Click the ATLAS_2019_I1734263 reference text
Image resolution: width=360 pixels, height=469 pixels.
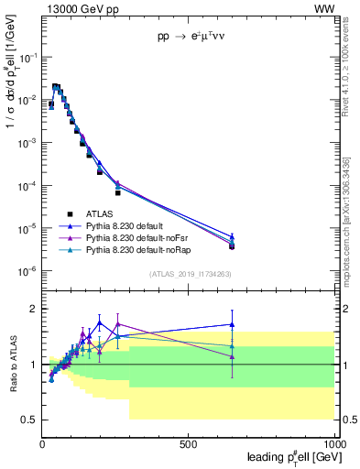[x=191, y=273]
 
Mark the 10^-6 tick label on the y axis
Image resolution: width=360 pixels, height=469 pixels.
[x=27, y=271]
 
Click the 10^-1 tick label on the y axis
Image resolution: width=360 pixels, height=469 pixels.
[x=27, y=57]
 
